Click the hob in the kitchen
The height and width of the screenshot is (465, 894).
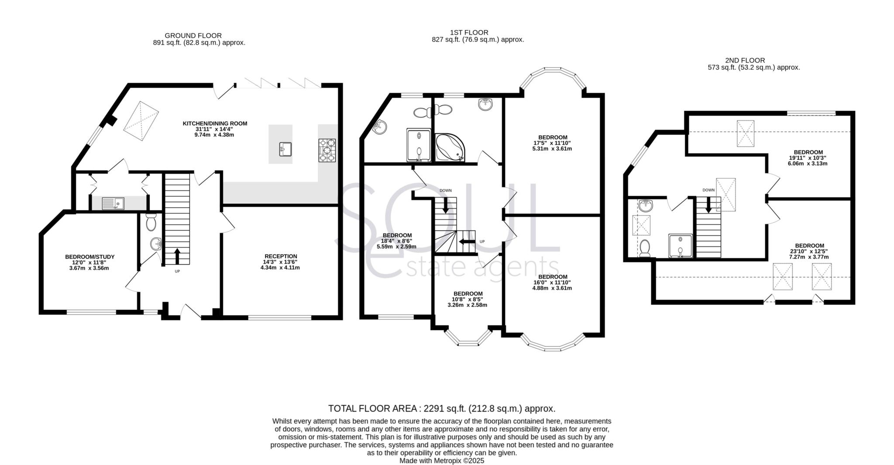tap(327, 150)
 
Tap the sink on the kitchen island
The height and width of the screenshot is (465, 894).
tap(285, 149)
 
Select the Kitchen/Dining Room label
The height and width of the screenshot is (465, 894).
tap(215, 123)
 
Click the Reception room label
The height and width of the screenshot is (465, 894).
tap(281, 256)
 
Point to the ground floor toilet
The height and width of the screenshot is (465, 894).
tap(151, 222)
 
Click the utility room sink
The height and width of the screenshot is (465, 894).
tap(113, 203)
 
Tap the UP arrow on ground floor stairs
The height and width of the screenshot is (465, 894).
tap(177, 256)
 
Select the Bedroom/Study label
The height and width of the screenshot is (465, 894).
tap(89, 257)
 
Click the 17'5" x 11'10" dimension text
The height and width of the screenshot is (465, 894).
tap(552, 143)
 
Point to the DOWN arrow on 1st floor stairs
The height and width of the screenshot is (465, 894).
tap(446, 205)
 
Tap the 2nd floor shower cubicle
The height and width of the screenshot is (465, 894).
tap(680, 246)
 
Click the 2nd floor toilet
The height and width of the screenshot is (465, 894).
tap(645, 248)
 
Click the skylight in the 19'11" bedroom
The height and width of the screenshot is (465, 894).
tap(745, 133)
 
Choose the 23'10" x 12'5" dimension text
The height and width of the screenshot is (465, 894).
tap(809, 251)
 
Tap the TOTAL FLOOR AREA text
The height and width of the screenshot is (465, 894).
tap(441, 409)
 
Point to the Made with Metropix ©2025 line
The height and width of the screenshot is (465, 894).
tap(441, 461)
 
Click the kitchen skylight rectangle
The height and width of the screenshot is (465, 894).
tap(141, 121)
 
